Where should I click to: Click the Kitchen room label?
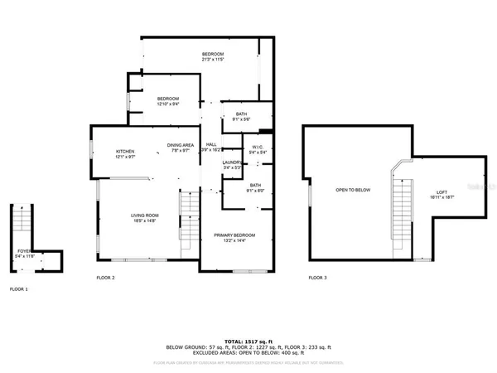point(125,152)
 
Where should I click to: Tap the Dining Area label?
point(181,145)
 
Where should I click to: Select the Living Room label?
point(145,216)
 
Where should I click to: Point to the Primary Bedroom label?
point(234,235)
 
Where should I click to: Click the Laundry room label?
point(232,162)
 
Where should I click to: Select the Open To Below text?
point(353,190)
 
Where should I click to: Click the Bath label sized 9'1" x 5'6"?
point(241,115)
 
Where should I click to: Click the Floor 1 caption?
point(18,289)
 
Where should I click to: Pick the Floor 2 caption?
point(105,278)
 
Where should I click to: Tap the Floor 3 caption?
point(318,278)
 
